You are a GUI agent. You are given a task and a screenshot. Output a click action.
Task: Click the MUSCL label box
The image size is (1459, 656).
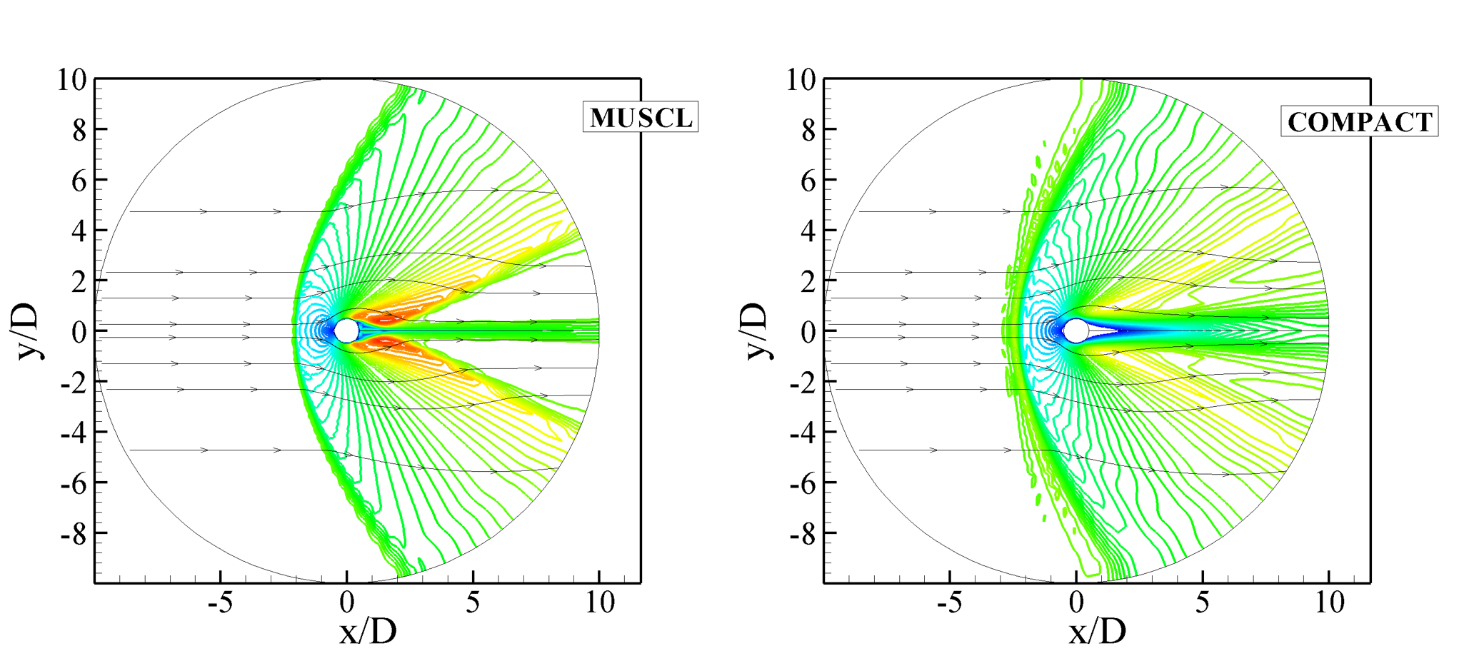click(641, 117)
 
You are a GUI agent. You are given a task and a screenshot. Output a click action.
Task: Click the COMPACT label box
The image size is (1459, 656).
click(1359, 121)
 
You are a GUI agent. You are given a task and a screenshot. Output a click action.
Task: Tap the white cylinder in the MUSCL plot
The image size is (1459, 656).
click(346, 330)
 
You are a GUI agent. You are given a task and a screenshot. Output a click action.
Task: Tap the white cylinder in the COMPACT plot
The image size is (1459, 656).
click(1076, 330)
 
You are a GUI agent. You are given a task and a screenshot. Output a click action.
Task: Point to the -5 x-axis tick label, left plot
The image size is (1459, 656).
click(220, 603)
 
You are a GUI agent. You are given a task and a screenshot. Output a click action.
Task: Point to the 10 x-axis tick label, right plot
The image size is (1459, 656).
click(1329, 603)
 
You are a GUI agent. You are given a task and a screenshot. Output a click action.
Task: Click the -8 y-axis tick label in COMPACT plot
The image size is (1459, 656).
click(803, 533)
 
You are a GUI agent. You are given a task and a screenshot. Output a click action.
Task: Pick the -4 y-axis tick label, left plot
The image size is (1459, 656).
click(74, 432)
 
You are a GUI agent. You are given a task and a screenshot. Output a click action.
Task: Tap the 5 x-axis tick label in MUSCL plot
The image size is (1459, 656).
click(473, 603)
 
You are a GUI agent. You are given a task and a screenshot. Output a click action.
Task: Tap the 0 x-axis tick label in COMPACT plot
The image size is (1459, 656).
click(1076, 603)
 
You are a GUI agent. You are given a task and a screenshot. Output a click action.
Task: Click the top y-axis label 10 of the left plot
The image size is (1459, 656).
click(71, 80)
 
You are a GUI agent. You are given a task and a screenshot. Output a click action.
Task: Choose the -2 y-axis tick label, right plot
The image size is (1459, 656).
click(803, 382)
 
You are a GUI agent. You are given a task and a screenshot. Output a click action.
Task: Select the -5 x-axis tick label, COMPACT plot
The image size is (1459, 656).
click(950, 603)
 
